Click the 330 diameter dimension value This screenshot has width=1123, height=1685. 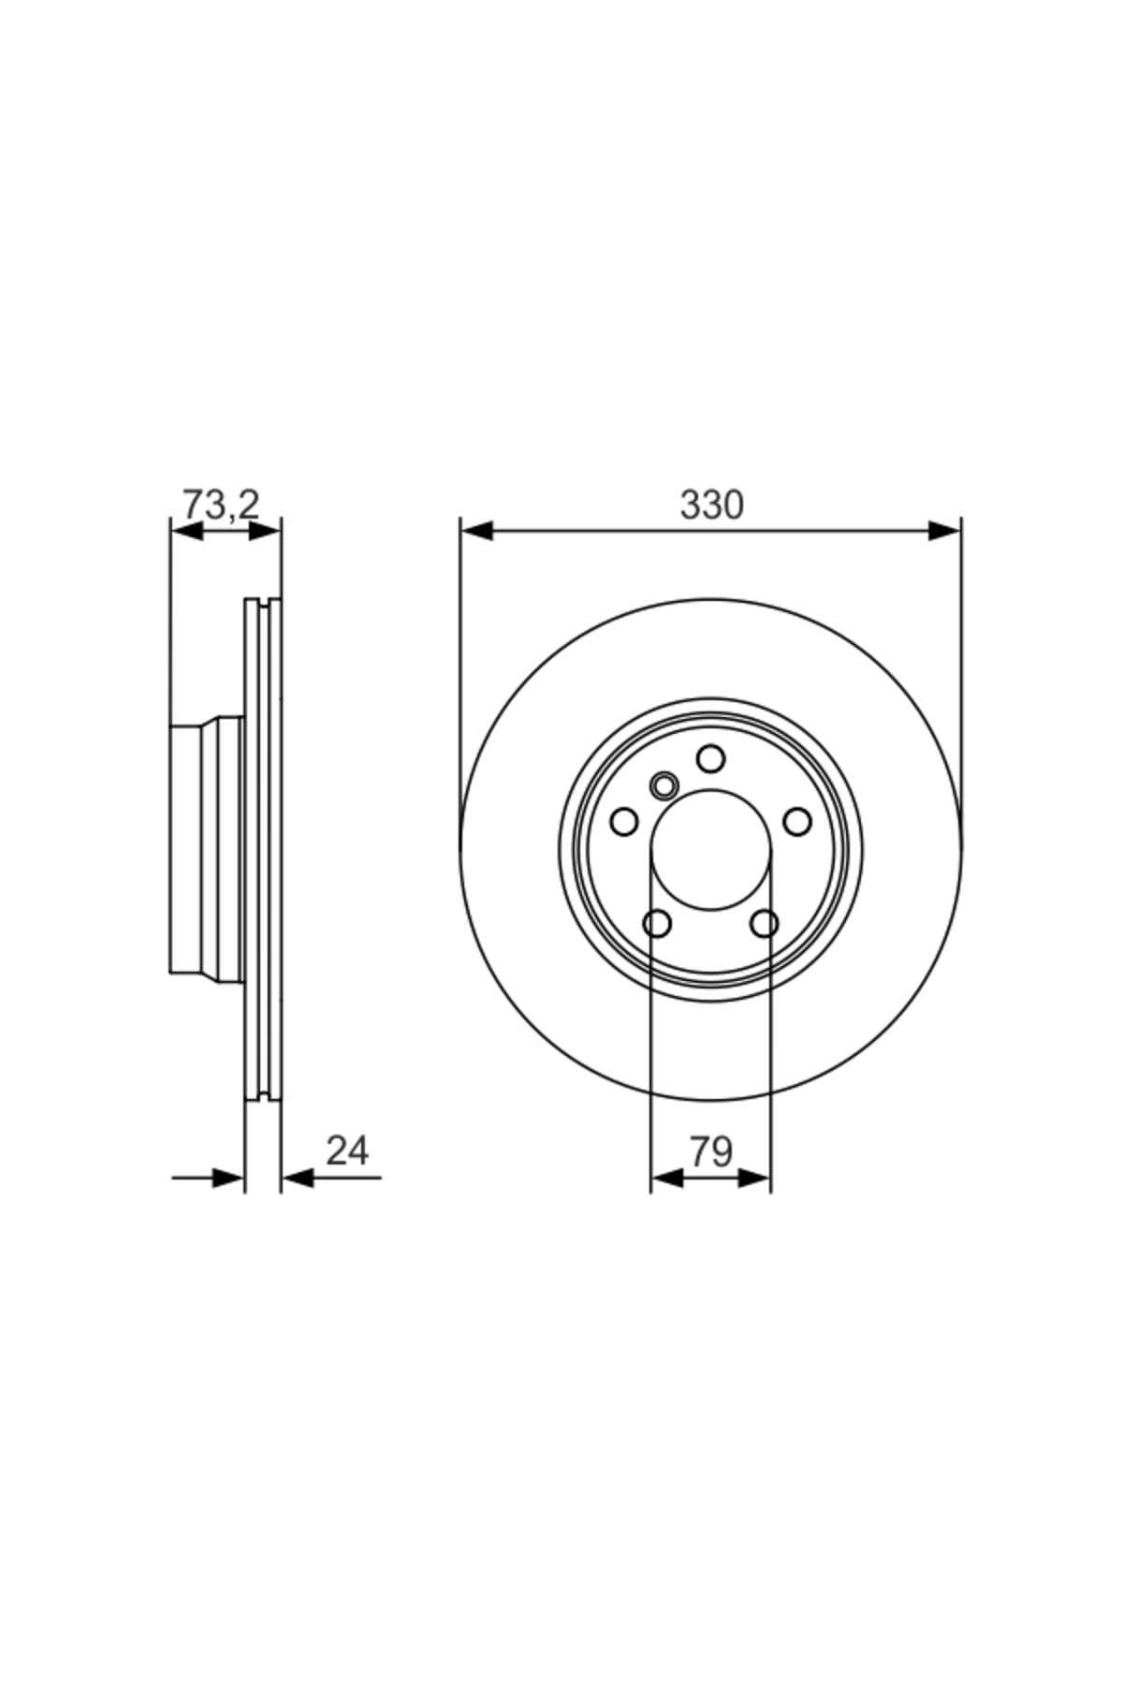[x=711, y=505]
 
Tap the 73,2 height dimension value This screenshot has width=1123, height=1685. [x=221, y=505]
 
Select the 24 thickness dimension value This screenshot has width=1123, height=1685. [x=347, y=1150]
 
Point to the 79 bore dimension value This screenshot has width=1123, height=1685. [x=711, y=1151]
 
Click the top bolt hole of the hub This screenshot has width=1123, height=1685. [x=711, y=758]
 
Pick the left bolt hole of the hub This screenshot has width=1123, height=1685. [x=624, y=822]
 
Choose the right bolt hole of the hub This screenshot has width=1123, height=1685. [x=797, y=822]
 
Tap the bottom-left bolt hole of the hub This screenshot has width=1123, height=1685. [x=658, y=924]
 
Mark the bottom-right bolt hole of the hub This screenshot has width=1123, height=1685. [x=765, y=924]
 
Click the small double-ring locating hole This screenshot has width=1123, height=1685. [x=664, y=785]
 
